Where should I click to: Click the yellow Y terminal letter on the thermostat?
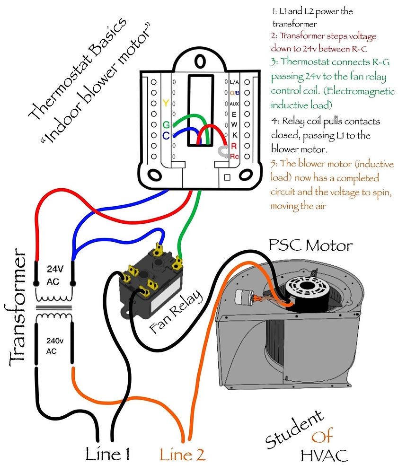point(165,104)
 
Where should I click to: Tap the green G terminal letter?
point(166,125)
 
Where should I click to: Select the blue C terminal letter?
point(166,136)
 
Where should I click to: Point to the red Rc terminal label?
point(234,156)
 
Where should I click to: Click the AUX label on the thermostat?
point(234,104)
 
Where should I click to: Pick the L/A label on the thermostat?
point(234,82)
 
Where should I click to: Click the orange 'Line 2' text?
point(182,455)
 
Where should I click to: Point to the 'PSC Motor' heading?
point(310,245)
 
